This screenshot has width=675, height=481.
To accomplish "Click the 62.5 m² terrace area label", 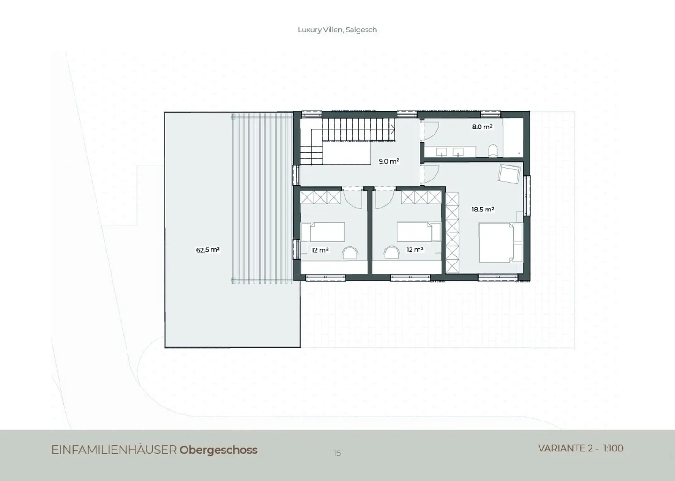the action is click(208, 250).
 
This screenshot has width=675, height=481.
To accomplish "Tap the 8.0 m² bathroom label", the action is click(482, 127).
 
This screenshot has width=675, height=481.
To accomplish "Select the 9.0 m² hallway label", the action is click(389, 161).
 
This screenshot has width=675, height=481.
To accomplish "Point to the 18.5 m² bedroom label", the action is click(483, 209).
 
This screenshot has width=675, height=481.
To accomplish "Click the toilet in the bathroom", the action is click(493, 150).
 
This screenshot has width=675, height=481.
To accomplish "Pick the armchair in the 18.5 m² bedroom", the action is click(509, 173).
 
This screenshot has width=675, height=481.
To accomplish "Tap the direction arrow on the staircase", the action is click(393, 129).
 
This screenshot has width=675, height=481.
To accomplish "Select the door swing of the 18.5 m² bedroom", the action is click(432, 175).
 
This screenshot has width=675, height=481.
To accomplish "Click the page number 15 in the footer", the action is click(337, 453).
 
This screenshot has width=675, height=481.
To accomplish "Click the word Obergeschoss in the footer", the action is click(218, 450).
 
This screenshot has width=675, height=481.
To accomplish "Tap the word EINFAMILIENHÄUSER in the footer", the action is click(114, 450).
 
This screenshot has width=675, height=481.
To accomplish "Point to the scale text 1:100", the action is click(613, 449).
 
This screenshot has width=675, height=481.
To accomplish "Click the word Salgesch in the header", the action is click(361, 30).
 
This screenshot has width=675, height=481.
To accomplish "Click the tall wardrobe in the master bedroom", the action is click(452, 233).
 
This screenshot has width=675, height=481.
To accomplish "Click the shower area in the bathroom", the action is click(513, 137).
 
